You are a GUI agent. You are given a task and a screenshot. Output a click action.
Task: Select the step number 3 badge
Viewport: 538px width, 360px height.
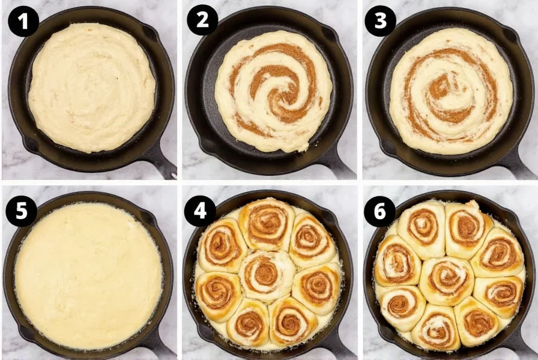(381, 21)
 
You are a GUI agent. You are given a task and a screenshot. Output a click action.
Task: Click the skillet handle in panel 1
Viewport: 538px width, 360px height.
(160, 163)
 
